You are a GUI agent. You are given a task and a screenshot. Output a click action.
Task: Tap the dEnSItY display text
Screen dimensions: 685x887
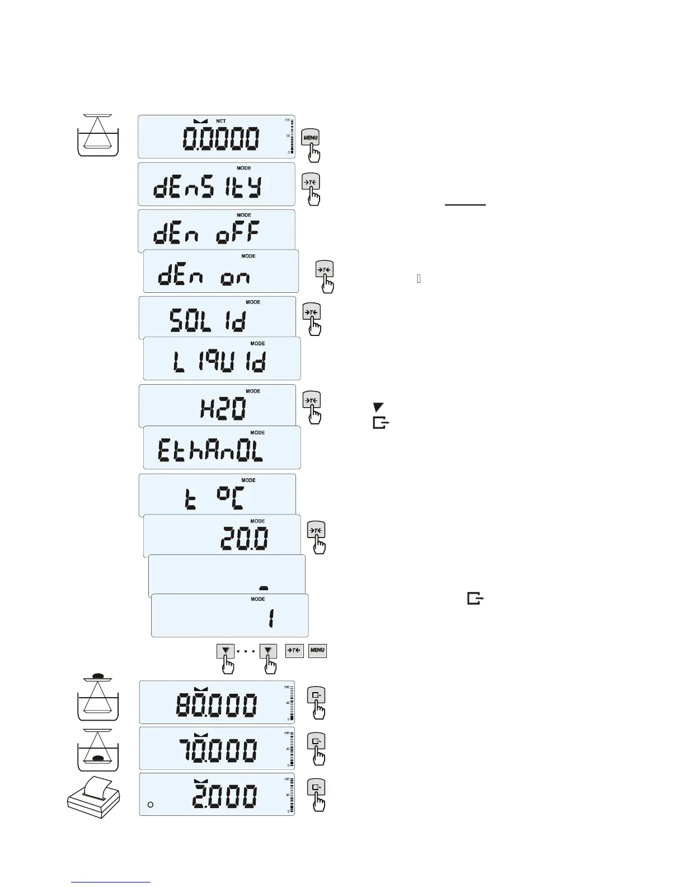tap(207, 189)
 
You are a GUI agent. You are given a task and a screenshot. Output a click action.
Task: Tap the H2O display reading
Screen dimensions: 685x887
tap(223, 410)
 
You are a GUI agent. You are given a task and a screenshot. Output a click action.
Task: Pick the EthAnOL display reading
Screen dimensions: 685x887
tap(210, 451)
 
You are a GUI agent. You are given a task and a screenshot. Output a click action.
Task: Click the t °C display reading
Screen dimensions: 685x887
tap(214, 498)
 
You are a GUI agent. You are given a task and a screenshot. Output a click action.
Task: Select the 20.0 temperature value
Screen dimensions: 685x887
tap(244, 539)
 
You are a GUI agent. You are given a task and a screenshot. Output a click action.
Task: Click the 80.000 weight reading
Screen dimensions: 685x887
tap(217, 705)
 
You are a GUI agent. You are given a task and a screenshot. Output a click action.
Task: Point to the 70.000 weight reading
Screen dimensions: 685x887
tap(217, 751)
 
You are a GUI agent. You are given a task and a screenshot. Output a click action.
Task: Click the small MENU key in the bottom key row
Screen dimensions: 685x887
tap(317, 650)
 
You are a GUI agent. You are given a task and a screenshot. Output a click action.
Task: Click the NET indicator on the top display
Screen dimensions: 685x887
tap(221, 121)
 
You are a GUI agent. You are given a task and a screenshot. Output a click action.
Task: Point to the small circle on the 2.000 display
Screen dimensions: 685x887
tap(150, 805)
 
